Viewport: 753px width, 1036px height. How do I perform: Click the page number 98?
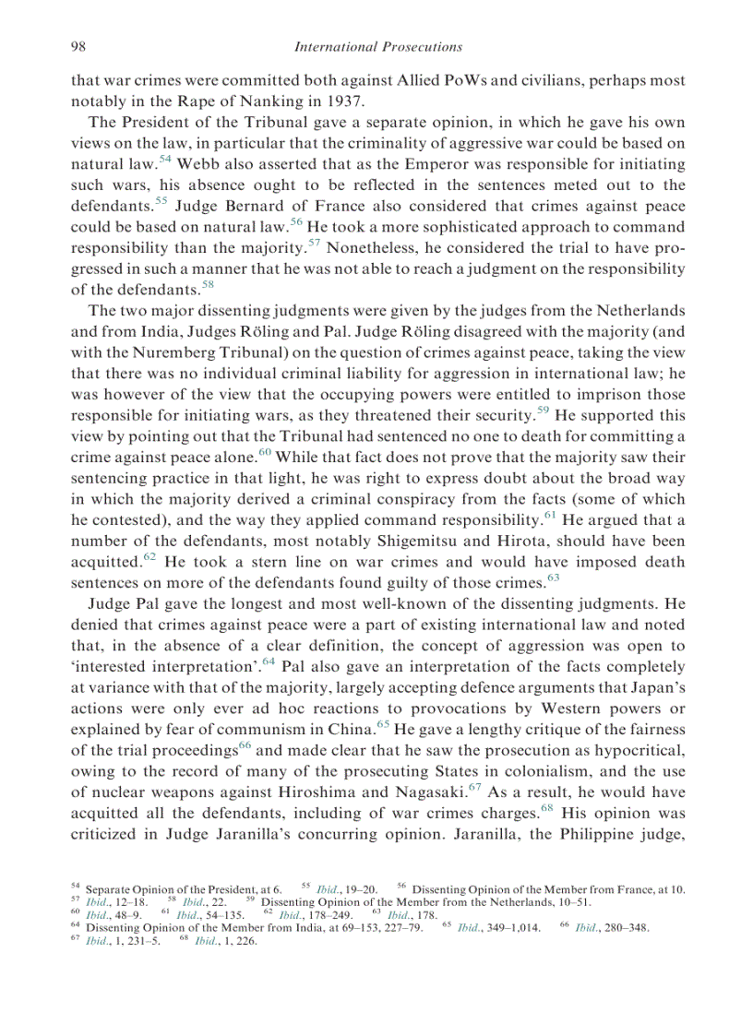click(79, 46)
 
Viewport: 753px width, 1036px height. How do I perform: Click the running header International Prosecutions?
click(376, 46)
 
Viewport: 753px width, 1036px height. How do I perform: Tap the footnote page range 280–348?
click(617, 929)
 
